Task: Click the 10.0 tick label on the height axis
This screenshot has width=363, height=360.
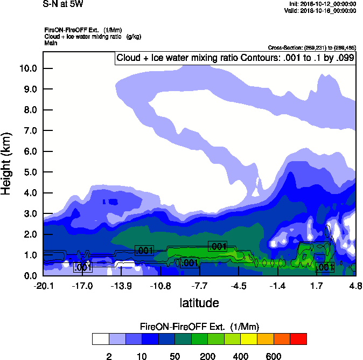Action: (x=27, y=68)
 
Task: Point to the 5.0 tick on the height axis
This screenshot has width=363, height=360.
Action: (x=27, y=172)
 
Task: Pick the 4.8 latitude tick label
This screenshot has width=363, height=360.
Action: (x=355, y=285)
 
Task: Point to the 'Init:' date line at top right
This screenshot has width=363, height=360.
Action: (x=322, y=4)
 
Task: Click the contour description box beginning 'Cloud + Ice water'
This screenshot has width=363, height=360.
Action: (x=235, y=58)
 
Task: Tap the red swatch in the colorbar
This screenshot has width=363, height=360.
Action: (x=298, y=338)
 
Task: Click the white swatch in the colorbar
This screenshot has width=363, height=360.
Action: (x=100, y=338)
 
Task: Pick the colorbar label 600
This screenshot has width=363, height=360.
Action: (x=273, y=356)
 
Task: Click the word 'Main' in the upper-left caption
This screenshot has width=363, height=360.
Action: (x=51, y=43)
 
